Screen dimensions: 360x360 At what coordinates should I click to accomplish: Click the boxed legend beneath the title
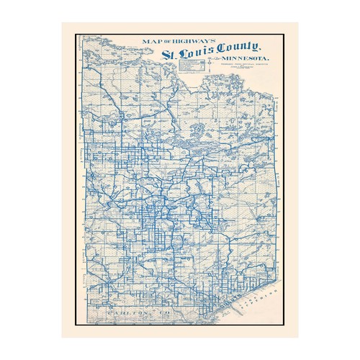click(x=191, y=67)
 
